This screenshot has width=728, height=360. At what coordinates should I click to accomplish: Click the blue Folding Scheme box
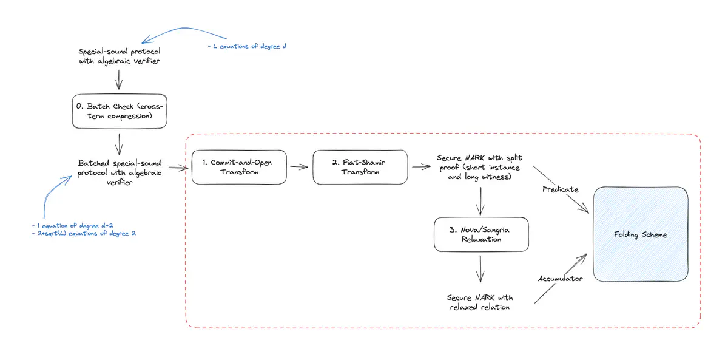pos(640,234)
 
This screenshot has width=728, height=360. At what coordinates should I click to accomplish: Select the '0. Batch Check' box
pos(119,111)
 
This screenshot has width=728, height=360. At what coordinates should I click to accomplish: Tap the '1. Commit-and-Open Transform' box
pos(239,167)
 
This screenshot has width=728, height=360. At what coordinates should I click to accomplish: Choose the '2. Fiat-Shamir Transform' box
pos(359,167)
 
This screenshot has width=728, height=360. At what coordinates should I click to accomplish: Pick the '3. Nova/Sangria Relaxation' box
pos(480,234)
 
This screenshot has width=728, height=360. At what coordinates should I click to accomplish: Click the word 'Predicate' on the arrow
pos(560,189)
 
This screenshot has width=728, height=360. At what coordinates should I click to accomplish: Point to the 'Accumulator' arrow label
pos(559,279)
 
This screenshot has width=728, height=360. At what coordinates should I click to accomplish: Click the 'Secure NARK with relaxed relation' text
pos(480,302)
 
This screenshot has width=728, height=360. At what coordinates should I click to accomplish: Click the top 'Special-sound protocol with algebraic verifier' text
pos(119,56)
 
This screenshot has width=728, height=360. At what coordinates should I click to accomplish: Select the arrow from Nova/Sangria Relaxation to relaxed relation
pos(480,268)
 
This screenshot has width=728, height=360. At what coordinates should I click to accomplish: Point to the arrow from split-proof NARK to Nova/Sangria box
pos(480,200)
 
